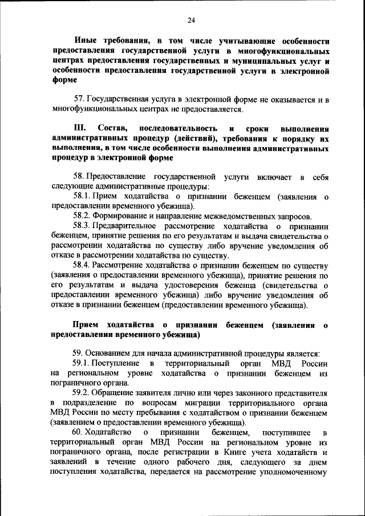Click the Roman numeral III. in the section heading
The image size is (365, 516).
(80, 129)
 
